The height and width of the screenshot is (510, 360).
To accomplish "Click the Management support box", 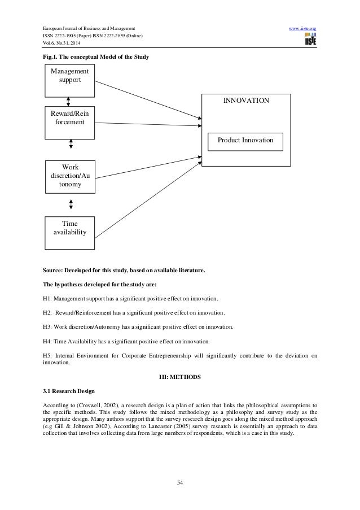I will [70, 81].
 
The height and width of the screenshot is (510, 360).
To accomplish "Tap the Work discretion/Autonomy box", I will [70, 176].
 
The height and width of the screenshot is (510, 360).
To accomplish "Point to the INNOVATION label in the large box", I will [246, 101].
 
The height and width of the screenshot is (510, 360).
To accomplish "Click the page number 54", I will [180, 482].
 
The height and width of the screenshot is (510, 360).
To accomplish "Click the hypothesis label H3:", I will [49, 327].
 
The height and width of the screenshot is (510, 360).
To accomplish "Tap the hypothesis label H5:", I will [49, 356].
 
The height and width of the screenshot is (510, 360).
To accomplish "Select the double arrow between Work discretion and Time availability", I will [71, 204].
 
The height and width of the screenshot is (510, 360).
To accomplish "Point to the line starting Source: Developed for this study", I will [124, 271].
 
